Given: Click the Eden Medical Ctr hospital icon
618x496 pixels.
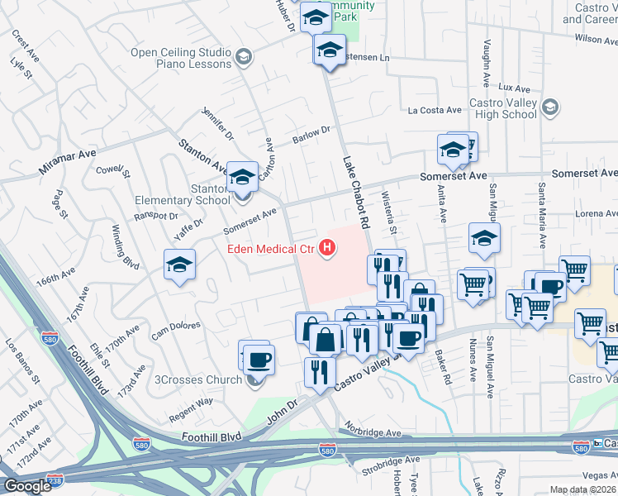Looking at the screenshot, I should point(329,247).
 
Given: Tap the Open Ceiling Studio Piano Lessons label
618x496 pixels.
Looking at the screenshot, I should point(181,58).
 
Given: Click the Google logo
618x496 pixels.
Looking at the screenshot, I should point(26,486).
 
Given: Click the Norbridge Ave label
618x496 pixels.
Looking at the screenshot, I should point(373,432).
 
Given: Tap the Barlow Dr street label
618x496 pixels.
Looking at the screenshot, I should point(314,134).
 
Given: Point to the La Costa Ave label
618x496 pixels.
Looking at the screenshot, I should point(435,110).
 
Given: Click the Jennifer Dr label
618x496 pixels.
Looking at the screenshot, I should point(218,123).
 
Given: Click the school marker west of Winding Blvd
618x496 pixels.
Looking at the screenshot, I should point(179,265).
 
